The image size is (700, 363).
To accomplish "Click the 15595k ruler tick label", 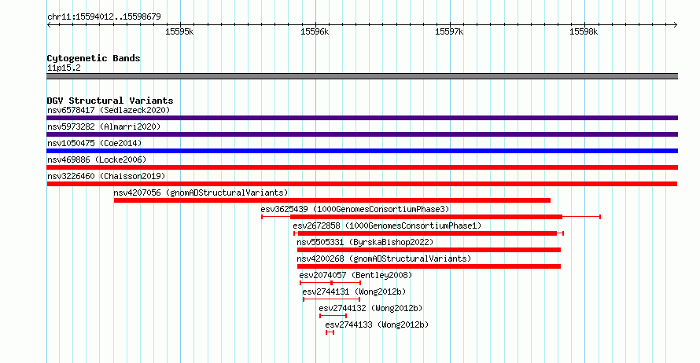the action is point(179,31).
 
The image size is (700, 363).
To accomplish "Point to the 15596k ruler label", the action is point(315,31).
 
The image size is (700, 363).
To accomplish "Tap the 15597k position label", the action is point(449,31).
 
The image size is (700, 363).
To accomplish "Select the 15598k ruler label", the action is point(584,31).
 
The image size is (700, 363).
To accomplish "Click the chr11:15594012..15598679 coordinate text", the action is point(104,17).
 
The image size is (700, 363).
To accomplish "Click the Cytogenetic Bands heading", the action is point(94,58).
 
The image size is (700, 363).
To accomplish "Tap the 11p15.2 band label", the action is point(64,68).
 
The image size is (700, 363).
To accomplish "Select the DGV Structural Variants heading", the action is point(110,101).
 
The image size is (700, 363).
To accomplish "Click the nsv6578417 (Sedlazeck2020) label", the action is point(109,110).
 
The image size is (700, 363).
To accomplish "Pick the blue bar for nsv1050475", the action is point(362,151).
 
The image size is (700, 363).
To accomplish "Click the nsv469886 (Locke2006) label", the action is point(97,159).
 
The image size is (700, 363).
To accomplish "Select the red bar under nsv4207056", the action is point(332,200).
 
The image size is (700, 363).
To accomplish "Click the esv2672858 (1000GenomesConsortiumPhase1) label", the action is point(387,225).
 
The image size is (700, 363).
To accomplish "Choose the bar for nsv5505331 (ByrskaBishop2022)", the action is point(429,250).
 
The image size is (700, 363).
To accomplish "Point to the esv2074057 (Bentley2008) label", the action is point(356,275).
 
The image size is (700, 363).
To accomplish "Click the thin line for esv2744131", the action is point(331,299).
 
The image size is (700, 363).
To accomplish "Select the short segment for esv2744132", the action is point(333,316).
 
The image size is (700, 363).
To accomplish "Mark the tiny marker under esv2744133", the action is point(330,332).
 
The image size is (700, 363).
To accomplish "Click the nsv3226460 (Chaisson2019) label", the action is point(106,176).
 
